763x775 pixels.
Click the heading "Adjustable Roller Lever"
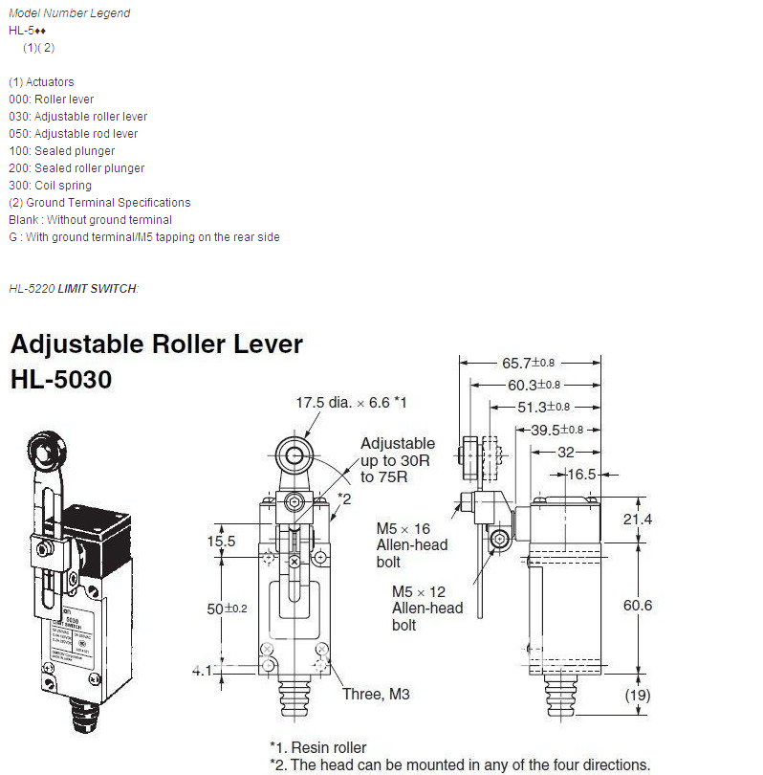(x=156, y=344)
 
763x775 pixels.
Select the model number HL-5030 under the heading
(x=61, y=380)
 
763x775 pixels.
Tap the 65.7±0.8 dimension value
(x=528, y=363)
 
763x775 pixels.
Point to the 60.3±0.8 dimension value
(x=535, y=385)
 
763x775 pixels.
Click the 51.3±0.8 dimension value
(x=544, y=407)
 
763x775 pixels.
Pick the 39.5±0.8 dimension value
(x=556, y=430)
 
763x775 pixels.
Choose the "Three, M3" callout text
(x=376, y=694)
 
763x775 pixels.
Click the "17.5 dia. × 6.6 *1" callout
(x=351, y=403)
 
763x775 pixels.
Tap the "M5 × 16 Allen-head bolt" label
(x=411, y=545)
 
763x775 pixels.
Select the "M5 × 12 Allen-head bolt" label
(x=426, y=609)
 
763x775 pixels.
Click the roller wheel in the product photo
(x=44, y=447)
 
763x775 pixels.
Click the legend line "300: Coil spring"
(x=50, y=186)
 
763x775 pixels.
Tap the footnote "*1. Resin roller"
(x=317, y=747)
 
